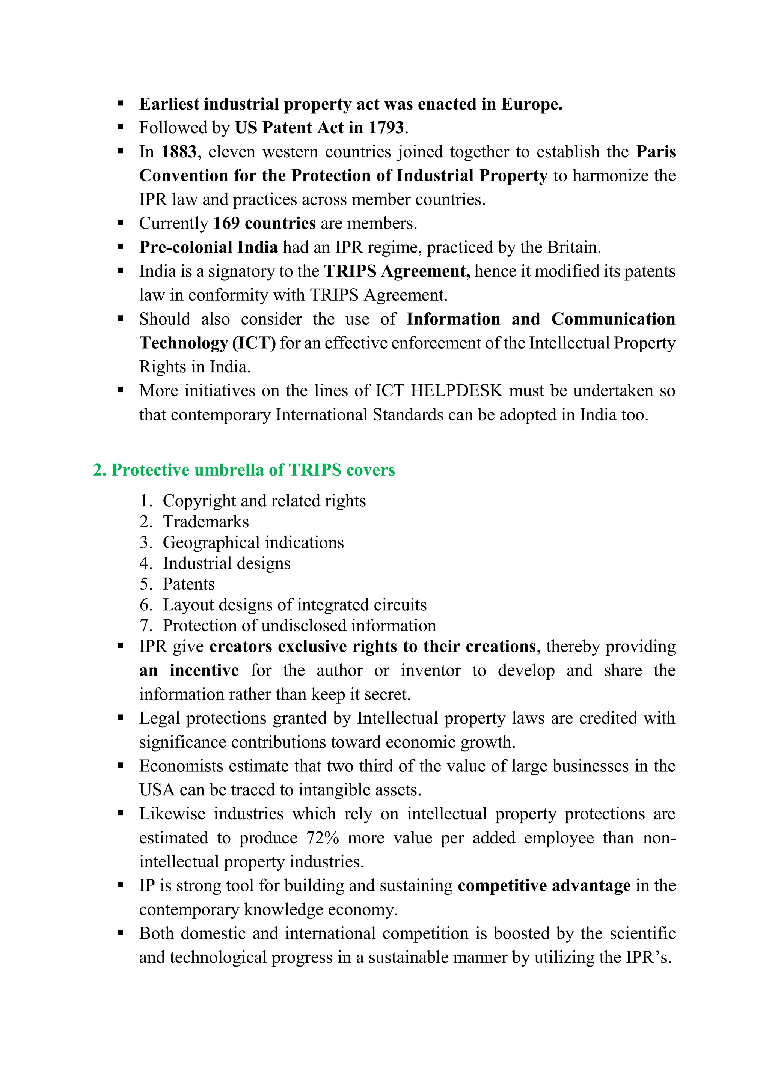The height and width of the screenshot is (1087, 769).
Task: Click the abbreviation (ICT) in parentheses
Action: click(254, 343)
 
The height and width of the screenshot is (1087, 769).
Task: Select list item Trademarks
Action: click(205, 522)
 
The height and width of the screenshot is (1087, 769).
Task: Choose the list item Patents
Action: click(188, 584)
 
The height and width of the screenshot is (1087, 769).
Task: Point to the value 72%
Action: click(323, 838)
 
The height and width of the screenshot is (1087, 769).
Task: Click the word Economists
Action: click(181, 766)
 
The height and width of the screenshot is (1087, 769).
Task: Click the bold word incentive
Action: click(204, 671)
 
